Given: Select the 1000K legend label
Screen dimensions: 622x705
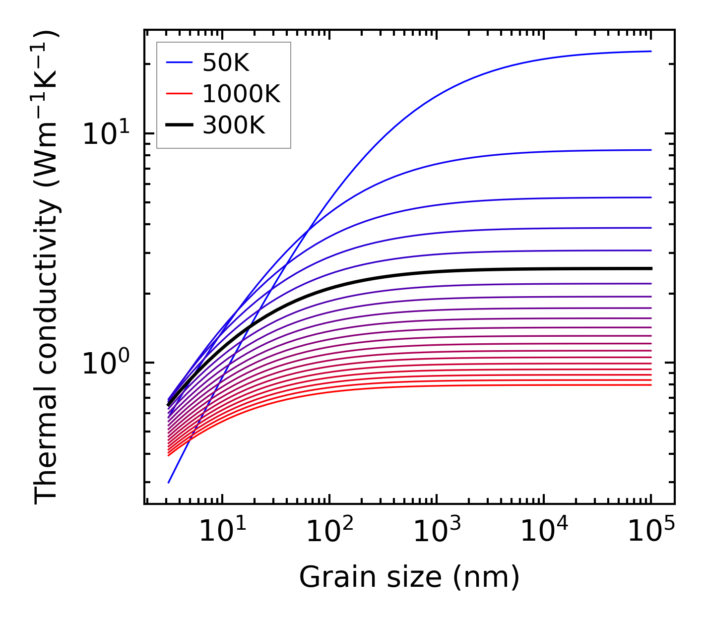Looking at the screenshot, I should click(241, 94).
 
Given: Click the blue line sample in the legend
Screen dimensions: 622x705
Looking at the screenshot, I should click(179, 62).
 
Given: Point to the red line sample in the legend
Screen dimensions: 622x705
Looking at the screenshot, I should click(179, 94).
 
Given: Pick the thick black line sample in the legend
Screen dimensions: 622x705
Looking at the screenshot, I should click(179, 125).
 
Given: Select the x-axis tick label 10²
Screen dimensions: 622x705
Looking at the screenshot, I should click(329, 532).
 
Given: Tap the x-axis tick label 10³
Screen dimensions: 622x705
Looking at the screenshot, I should click(437, 532).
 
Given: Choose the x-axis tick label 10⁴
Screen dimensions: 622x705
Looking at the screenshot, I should click(544, 532).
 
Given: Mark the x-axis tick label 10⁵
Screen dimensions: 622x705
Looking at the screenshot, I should click(651, 532).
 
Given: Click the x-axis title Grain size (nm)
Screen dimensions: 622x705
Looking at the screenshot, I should click(409, 577).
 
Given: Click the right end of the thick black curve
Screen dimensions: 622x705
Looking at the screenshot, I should click(650, 268).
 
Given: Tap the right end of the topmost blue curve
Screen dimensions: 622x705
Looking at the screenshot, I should click(650, 51).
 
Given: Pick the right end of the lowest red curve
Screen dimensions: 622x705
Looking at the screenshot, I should click(650, 385).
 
